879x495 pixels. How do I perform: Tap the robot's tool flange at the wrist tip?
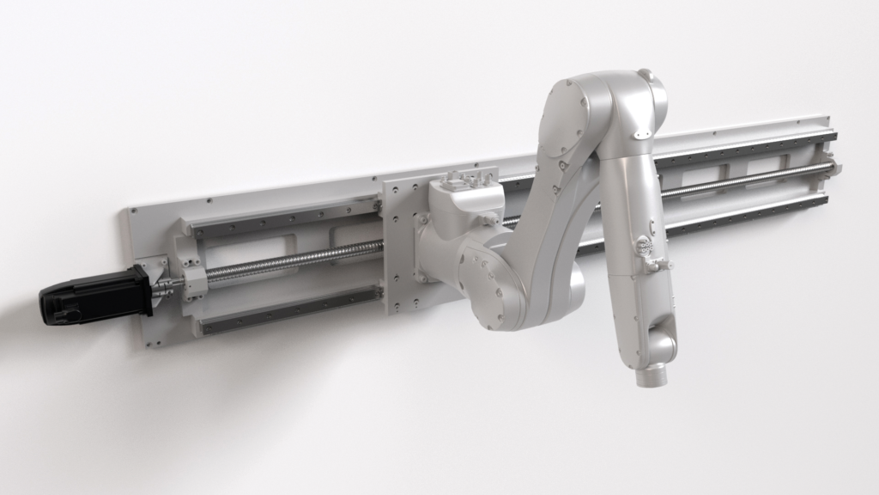(649, 376)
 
